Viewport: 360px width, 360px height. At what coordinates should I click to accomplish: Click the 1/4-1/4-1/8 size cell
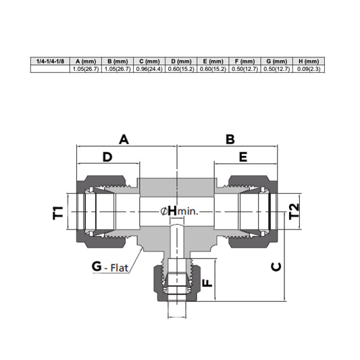(50, 61)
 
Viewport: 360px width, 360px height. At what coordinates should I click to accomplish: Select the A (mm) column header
(86, 61)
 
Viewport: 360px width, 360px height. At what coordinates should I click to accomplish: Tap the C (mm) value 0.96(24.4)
(149, 69)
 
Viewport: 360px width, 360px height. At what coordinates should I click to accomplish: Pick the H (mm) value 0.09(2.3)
(309, 69)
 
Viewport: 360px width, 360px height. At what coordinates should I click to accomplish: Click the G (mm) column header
(277, 61)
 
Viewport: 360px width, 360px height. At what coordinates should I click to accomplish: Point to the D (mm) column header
(181, 61)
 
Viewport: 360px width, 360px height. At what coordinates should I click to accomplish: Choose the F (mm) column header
(245, 61)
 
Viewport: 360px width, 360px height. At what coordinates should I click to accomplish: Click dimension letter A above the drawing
(124, 139)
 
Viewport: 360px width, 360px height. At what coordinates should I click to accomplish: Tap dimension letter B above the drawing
(230, 139)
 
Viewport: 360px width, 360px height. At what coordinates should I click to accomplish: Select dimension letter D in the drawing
(107, 157)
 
